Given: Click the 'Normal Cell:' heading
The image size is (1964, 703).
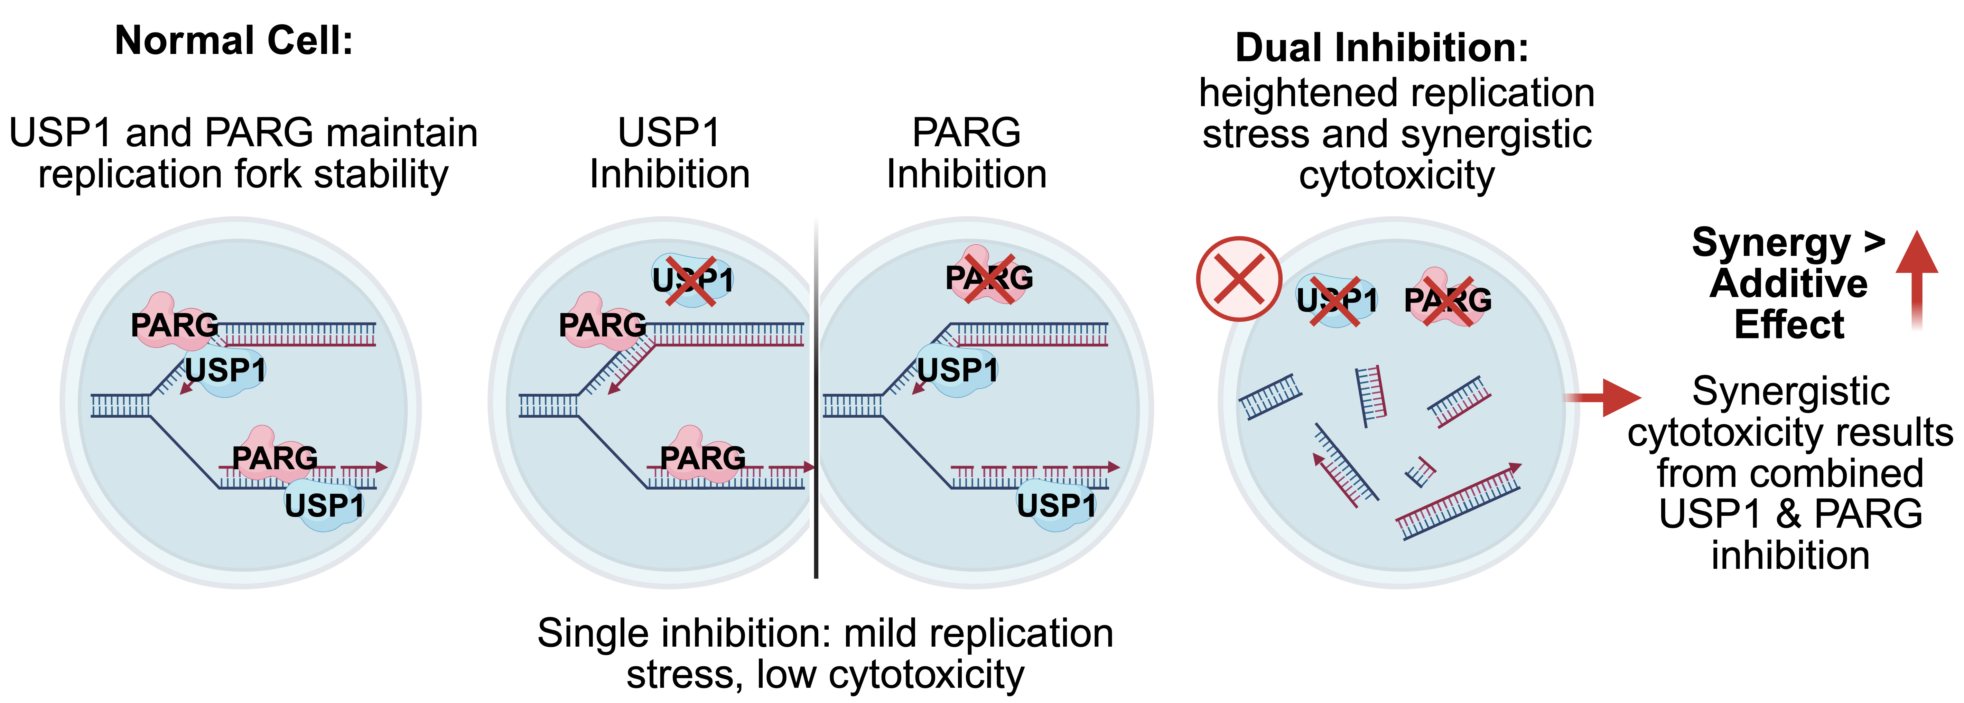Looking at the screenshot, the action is click(x=234, y=40).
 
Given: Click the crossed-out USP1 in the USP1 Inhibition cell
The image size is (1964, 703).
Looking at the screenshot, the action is click(x=692, y=280).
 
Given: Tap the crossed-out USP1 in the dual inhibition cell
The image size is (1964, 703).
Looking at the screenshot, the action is click(x=1337, y=300).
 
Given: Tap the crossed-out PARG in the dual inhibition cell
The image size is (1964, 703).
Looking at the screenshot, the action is click(x=1448, y=299).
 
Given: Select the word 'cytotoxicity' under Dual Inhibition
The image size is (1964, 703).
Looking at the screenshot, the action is click(x=1397, y=176).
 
